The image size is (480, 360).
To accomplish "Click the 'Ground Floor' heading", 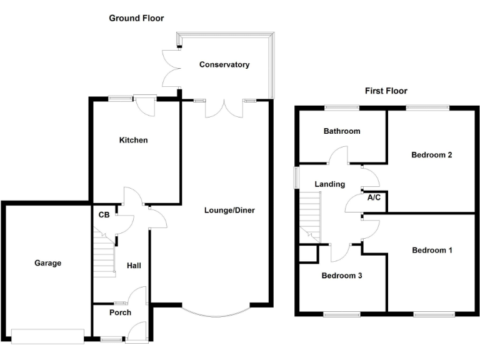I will click(x=136, y=18).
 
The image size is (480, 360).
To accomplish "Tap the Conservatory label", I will click(x=224, y=64).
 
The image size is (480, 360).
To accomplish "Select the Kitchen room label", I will click(x=134, y=140).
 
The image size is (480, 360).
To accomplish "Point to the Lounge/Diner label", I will click(x=229, y=210).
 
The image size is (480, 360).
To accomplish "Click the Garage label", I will click(x=47, y=263).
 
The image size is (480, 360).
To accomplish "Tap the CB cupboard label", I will click(x=104, y=214).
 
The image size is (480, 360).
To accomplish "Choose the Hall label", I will click(x=134, y=266).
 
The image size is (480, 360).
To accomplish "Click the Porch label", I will click(x=120, y=312).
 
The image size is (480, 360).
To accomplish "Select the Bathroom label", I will click(x=341, y=131).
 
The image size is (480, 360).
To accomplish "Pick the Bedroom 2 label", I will click(x=431, y=155).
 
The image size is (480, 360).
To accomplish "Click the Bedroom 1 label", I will click(x=432, y=250).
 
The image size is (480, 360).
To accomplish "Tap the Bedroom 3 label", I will click(x=342, y=275).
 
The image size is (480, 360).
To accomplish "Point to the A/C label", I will click(x=374, y=198).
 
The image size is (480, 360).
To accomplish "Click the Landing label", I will click(x=329, y=184).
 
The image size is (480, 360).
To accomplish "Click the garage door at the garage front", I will click(x=47, y=336).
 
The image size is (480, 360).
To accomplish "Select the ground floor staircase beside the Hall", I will click(x=105, y=251).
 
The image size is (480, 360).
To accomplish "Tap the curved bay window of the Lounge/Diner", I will click(x=216, y=311).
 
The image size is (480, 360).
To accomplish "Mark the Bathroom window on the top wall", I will click(x=342, y=107).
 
